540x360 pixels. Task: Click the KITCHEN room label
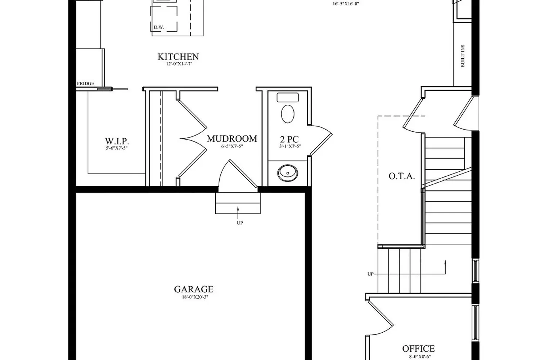(178, 57)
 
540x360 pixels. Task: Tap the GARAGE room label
(194, 289)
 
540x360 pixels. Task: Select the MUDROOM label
(232, 139)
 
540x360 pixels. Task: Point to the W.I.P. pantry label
(117, 141)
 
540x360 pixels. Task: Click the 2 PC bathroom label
(289, 139)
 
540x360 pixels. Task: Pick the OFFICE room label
(418, 349)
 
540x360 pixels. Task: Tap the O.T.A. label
(402, 176)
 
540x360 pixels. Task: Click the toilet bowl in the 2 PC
(288, 114)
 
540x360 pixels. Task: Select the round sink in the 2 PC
(288, 173)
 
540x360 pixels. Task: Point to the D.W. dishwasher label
(159, 27)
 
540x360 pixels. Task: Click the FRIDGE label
(86, 84)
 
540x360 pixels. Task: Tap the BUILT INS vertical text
(463, 56)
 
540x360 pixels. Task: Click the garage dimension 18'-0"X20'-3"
(195, 297)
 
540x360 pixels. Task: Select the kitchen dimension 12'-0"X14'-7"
(179, 64)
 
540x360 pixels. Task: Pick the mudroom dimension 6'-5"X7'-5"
(232, 147)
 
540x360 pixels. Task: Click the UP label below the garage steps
(240, 223)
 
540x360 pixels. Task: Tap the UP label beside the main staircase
(370, 274)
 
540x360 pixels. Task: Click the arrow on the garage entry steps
(238, 212)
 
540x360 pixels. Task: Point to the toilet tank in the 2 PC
(288, 98)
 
